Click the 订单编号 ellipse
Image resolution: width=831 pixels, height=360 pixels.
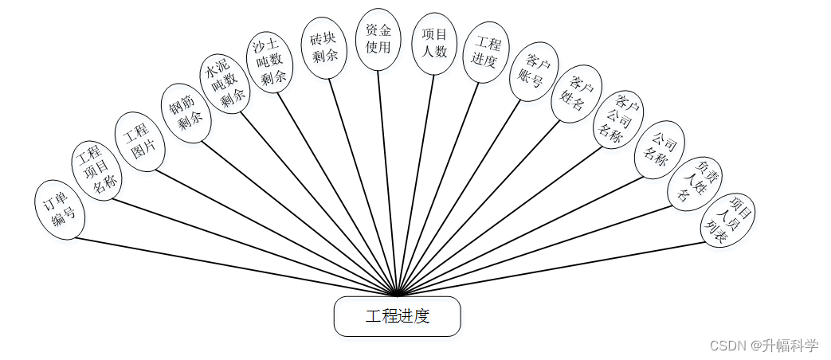pyautogui.click(x=61, y=209)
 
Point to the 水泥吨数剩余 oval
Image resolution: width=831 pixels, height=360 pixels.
pyautogui.click(x=225, y=85)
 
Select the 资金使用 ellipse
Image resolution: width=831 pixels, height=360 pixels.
pyautogui.click(x=378, y=39)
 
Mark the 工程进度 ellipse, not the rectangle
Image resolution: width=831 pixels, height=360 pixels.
pyautogui.click(x=485, y=52)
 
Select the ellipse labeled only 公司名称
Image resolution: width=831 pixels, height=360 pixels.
pyautogui.click(x=659, y=149)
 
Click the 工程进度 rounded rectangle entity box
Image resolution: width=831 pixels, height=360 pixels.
pyautogui.click(x=397, y=316)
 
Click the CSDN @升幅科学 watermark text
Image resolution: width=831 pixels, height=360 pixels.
pyautogui.click(x=763, y=346)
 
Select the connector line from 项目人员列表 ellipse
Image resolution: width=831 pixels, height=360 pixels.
pyautogui.click(x=558, y=266)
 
